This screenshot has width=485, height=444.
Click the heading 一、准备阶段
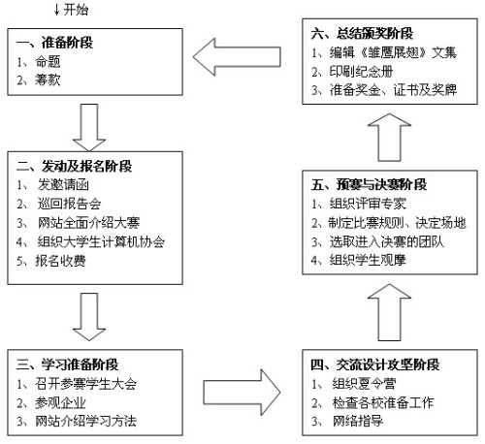54,43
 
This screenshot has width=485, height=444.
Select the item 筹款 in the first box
48,79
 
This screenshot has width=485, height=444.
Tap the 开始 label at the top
76,10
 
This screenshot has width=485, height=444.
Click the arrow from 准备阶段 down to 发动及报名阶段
89,127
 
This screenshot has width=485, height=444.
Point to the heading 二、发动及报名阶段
74,166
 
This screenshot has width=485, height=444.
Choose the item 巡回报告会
69,204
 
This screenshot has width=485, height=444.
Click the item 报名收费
60,261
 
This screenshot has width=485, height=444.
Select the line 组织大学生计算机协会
101,241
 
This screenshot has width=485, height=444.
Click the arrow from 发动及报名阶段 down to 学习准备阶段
89,317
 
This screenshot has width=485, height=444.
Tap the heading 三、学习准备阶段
67,365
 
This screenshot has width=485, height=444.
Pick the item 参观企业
60,402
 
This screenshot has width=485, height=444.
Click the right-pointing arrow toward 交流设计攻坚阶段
242,393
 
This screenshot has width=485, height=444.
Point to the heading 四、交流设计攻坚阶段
375,365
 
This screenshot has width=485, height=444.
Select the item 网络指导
358,421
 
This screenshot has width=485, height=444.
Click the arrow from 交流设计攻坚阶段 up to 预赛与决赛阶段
390,312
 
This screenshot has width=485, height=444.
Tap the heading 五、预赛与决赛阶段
369,184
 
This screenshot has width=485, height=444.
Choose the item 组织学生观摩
368,260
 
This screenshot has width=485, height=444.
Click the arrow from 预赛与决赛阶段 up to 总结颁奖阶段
390,138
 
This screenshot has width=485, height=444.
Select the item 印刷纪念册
361,72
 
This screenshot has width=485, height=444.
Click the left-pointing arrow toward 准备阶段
237,57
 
